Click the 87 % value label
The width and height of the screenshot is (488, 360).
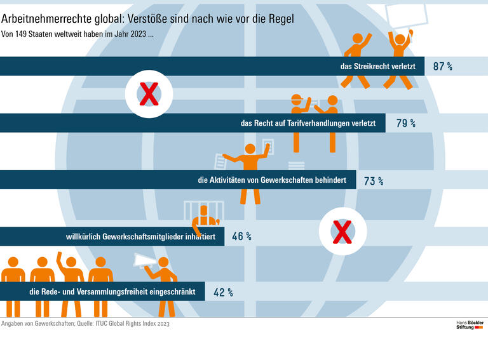tap(442, 66)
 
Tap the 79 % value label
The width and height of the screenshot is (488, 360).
tap(405, 123)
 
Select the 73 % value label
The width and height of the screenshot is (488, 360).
tap(373, 181)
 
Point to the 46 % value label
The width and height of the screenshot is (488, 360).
tap(241, 237)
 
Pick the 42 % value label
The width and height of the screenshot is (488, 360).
tap(222, 293)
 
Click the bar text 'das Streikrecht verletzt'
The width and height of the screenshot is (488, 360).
tap(377, 66)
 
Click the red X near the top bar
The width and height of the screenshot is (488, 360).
tap(148, 95)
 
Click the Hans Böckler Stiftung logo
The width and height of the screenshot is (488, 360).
tap(470, 325)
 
